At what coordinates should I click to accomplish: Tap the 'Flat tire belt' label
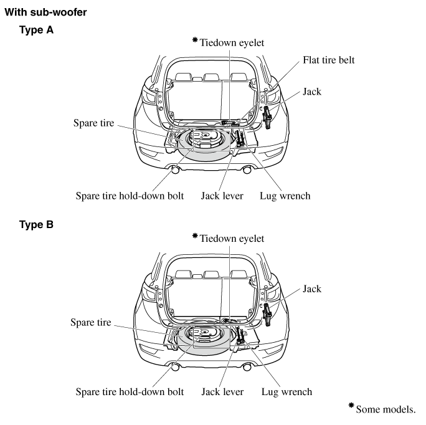coord(329,61)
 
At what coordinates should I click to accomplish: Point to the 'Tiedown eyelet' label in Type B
coord(233,239)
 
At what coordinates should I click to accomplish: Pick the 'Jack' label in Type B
coord(312,289)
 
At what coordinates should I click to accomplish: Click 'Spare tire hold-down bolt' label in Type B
coord(130,392)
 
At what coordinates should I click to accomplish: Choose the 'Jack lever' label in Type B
coord(222,392)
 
